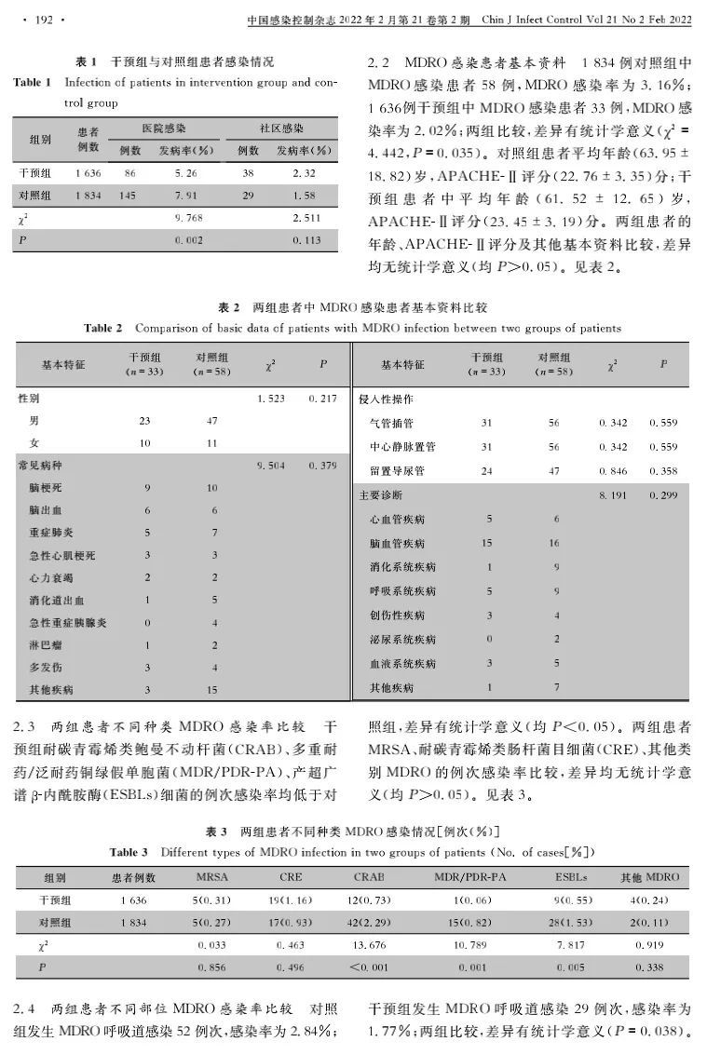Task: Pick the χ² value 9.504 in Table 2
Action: point(271,465)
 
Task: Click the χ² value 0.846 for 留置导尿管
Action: point(613,471)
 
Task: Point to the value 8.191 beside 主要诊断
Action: point(613,494)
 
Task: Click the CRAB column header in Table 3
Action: point(369,877)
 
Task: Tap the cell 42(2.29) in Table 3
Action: point(369,923)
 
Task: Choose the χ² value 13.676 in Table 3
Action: point(369,945)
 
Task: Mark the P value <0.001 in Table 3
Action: point(369,967)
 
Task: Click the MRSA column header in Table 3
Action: point(211,877)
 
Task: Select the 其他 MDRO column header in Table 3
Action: point(650,877)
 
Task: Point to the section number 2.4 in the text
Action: point(27,1008)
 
